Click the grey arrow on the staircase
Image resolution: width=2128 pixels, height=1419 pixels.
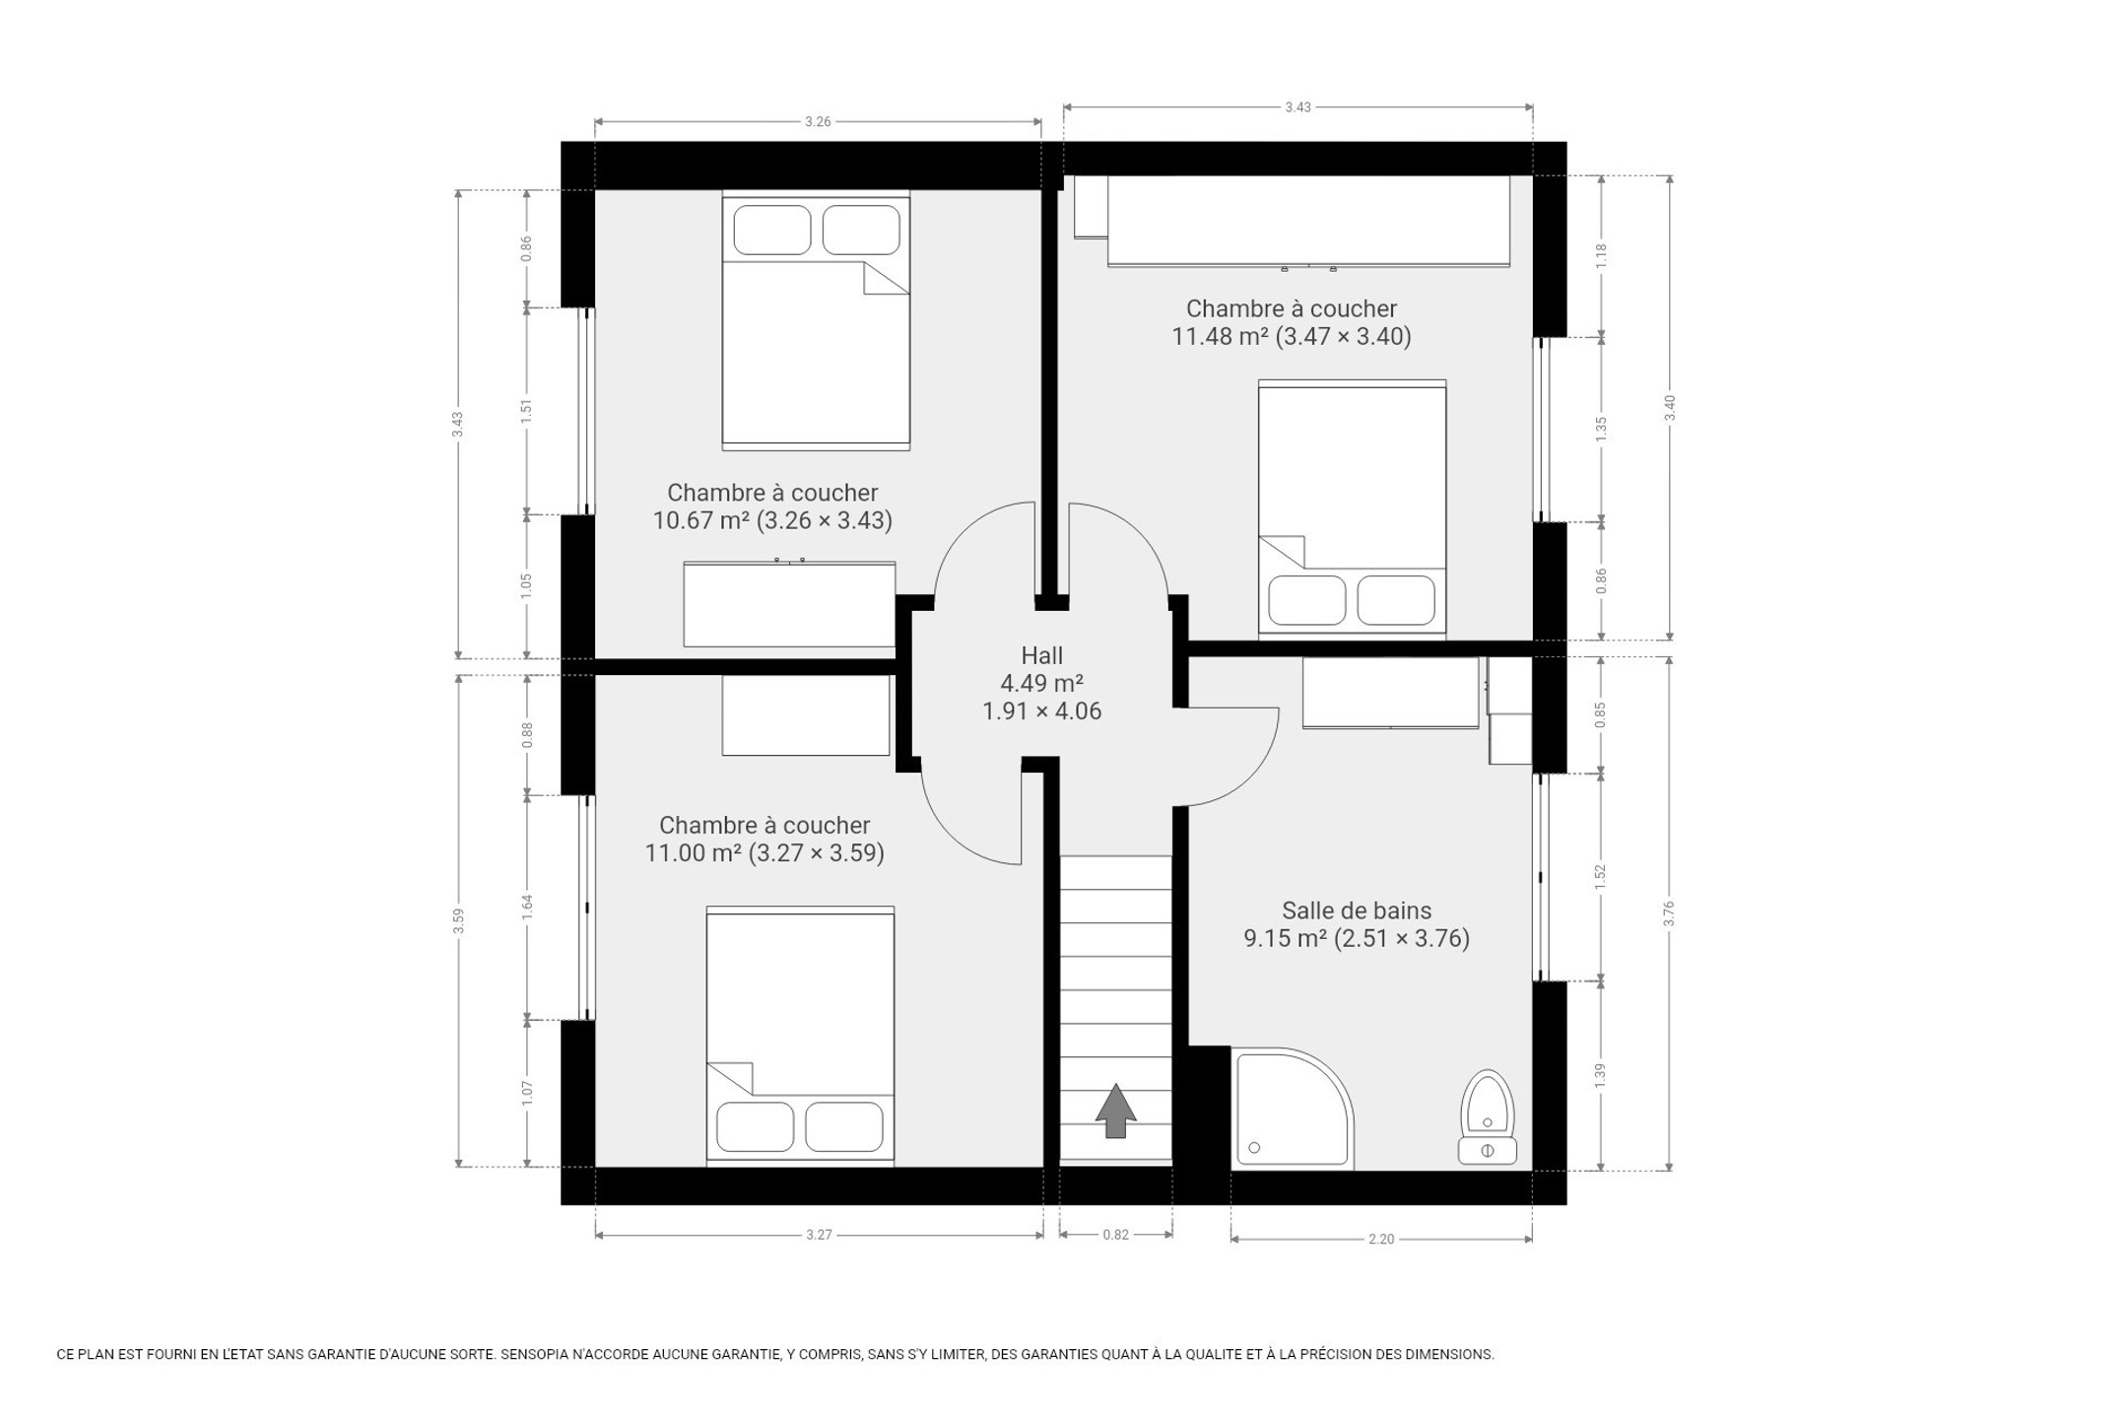point(1115,1111)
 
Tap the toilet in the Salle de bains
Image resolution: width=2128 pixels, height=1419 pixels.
point(1488,1117)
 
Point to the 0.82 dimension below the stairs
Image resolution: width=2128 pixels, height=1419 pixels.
point(1115,1235)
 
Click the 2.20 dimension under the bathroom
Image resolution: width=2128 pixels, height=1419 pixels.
point(1381,1240)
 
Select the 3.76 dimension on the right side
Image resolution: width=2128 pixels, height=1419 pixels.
point(1669,914)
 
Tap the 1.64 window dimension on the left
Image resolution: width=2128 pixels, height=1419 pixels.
point(527,907)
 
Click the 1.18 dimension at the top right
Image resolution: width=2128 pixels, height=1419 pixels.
point(1601,256)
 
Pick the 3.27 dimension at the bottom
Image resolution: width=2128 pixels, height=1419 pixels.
point(819,1235)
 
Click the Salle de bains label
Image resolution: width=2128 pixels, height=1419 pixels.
point(1357,911)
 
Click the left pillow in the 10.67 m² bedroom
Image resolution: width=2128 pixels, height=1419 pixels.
point(772,230)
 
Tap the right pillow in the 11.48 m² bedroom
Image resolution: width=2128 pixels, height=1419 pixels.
point(1396,600)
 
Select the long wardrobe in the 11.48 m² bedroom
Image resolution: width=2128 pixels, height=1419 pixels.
point(1308,221)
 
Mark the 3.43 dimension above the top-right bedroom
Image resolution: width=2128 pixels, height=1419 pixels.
point(1297,107)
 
